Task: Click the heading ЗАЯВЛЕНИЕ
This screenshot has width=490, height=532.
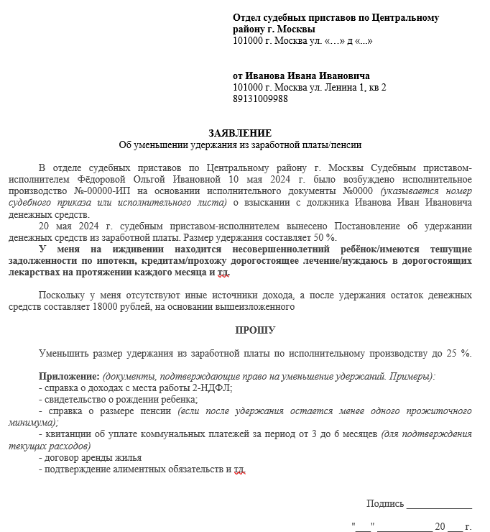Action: pos(240,133)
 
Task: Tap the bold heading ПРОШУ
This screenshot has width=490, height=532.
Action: pos(255,330)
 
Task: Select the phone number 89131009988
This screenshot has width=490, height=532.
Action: pos(261,99)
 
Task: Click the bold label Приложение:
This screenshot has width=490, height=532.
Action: pos(69,376)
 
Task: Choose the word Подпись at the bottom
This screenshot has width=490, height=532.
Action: pos(385,503)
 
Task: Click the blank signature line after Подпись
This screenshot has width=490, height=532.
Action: pos(439,505)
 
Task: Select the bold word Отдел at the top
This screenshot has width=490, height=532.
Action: pos(248,17)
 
